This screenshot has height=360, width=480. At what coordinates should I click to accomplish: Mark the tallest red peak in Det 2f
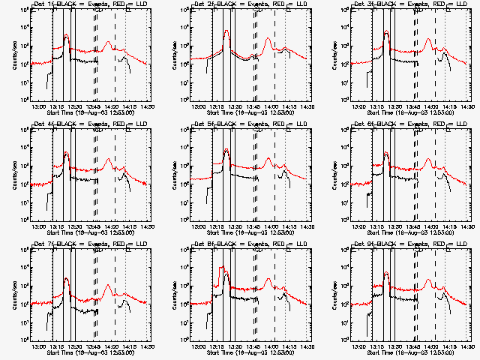point(226,31)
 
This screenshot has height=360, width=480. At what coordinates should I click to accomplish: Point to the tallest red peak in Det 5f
point(226,151)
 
